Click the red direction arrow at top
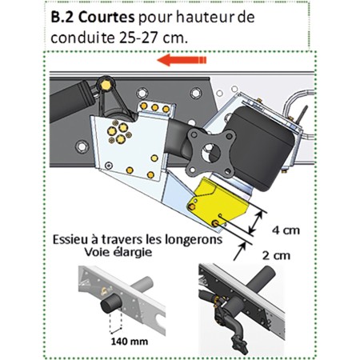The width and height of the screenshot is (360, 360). coord(182,60)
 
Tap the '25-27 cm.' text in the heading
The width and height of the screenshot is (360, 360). coord(151,37)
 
